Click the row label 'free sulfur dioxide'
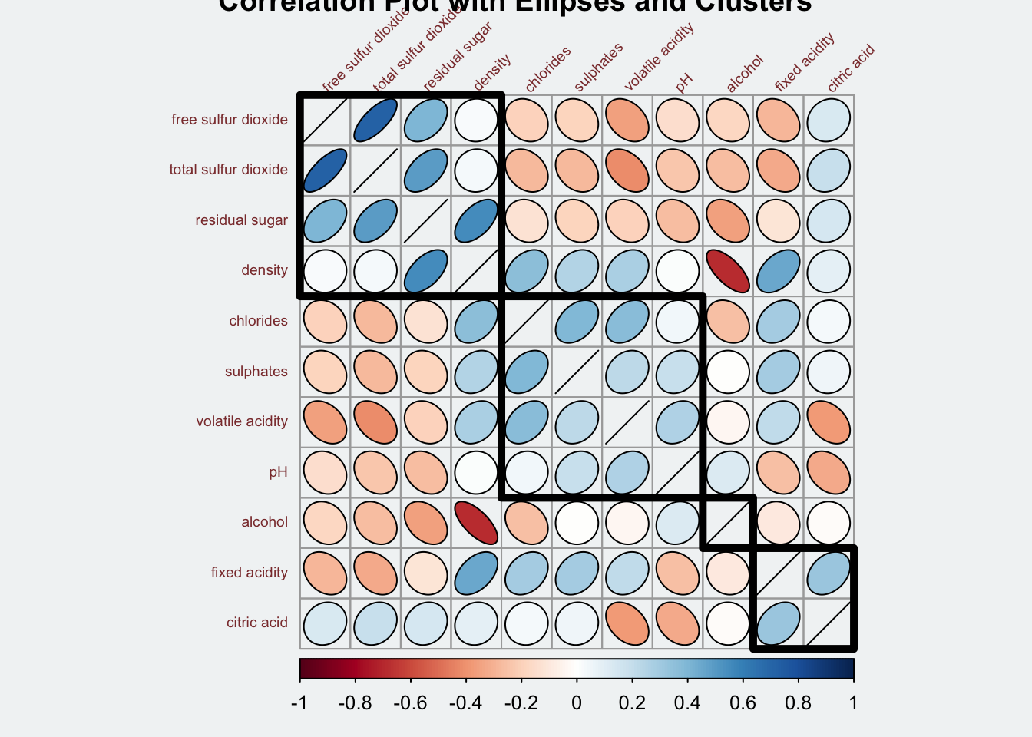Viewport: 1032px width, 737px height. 229,120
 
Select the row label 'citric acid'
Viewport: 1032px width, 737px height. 256,623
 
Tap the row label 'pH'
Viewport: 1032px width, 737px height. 278,471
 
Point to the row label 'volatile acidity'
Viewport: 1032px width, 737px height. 241,421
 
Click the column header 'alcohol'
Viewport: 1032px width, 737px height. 744,74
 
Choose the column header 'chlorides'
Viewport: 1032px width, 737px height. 547,69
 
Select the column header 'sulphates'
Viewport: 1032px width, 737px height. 598,68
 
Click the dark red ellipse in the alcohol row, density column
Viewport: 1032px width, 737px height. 476,522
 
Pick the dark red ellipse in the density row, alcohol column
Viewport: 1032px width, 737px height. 728,270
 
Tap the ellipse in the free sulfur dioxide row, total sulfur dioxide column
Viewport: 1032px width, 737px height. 375,120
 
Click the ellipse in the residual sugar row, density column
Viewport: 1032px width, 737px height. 476,220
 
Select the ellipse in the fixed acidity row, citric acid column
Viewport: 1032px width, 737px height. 829,573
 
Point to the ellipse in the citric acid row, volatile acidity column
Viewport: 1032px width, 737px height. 627,623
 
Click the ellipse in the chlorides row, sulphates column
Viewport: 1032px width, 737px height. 577,321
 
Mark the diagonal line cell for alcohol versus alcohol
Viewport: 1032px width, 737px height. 728,522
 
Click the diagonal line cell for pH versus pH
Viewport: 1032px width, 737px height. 677,471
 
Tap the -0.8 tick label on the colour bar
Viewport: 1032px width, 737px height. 356,703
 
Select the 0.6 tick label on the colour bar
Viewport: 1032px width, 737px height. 743,703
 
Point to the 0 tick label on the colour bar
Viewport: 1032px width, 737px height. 577,703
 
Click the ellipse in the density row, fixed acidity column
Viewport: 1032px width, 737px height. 778,270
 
